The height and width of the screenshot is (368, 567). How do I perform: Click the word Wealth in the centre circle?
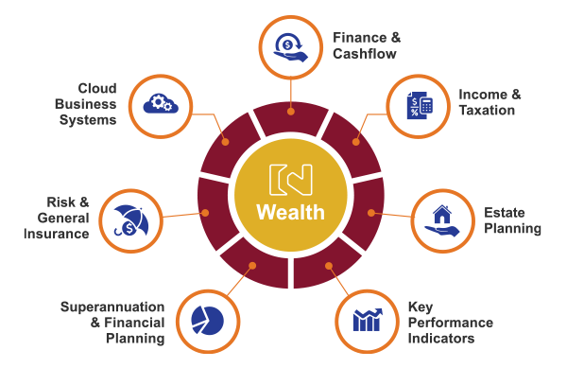coord(290,212)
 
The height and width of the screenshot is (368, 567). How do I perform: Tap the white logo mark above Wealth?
coord(290,180)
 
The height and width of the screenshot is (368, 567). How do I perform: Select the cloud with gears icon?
coord(161,104)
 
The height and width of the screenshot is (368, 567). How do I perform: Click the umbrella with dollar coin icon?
coord(131,220)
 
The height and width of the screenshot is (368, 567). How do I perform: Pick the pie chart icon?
coord(207,321)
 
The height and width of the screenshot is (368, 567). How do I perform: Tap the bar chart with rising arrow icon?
coord(368,320)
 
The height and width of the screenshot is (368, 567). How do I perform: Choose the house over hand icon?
coord(442,220)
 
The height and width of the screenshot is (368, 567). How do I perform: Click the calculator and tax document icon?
coord(420,105)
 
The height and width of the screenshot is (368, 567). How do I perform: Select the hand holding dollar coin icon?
coord(291,47)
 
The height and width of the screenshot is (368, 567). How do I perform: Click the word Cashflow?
coord(365,54)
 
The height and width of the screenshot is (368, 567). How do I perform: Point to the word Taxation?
coord(487,110)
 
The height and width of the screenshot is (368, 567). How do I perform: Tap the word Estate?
coord(504,213)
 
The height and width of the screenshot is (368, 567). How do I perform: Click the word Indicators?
coord(441,339)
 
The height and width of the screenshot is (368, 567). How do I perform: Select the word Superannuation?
coord(112,307)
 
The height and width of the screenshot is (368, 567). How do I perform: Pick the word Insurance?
coord(57,234)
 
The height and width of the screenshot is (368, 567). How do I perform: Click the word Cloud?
coord(97,88)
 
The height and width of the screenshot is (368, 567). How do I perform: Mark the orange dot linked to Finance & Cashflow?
coord(291,112)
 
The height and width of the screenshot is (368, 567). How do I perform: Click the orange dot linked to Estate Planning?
coord(371,213)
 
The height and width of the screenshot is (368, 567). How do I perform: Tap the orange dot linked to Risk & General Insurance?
coord(205,213)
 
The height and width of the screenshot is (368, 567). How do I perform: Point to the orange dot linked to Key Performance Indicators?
coord(328,266)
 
